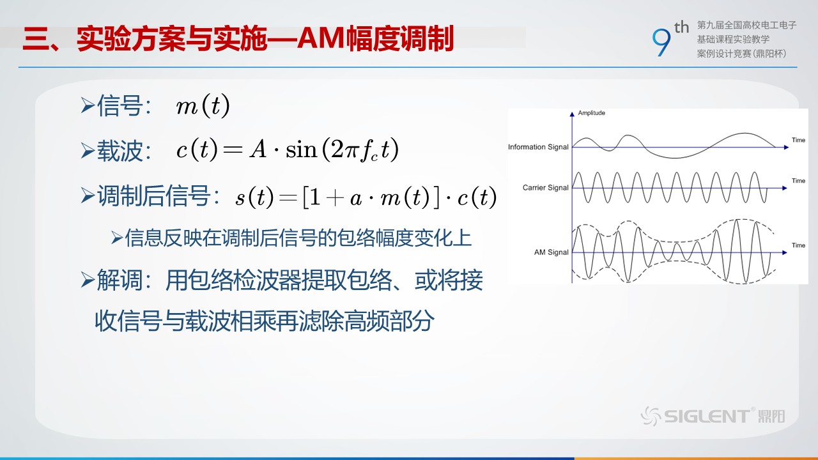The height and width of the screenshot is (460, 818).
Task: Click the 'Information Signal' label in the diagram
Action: tap(538, 147)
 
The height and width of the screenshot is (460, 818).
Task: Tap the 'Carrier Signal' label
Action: tap(545, 188)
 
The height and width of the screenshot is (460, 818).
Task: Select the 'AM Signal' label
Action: tap(551, 252)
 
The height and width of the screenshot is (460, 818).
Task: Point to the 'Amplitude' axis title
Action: tap(591, 113)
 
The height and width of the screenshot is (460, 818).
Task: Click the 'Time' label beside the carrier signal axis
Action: tap(798, 181)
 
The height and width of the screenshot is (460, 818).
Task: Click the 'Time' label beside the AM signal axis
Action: tap(798, 245)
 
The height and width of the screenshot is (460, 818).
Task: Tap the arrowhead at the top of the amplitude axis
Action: tap(572, 114)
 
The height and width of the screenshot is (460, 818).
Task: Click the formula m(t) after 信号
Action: tap(203, 105)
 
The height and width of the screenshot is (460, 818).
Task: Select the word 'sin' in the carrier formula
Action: tap(301, 149)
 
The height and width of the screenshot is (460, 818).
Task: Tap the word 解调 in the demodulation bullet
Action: tap(120, 280)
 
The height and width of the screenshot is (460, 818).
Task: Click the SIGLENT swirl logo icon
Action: tap(651, 416)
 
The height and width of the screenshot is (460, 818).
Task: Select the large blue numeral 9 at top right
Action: tap(661, 42)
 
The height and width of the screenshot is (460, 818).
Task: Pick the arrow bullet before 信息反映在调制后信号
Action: tap(117, 238)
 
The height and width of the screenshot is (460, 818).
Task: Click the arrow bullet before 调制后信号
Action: tap(88, 195)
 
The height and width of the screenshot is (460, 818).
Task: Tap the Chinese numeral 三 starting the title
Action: tap(36, 39)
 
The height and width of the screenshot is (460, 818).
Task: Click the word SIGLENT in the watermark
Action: tap(707, 417)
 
